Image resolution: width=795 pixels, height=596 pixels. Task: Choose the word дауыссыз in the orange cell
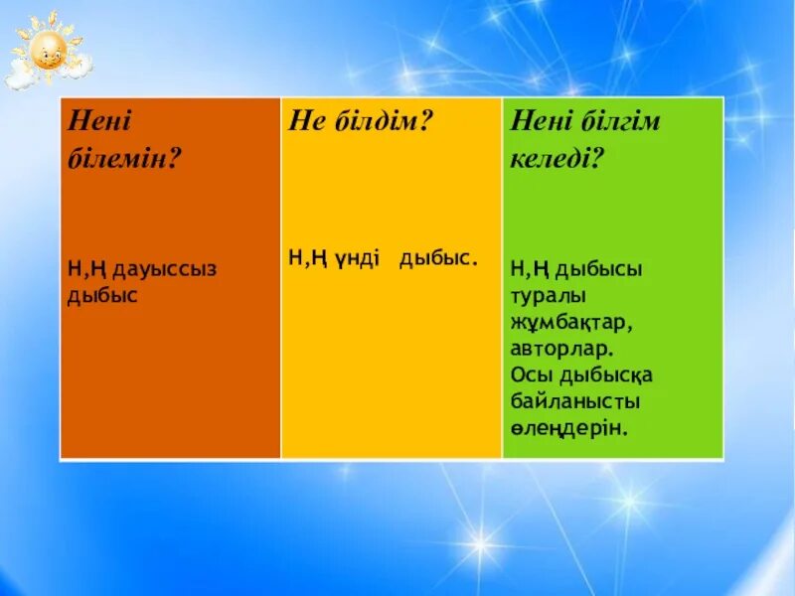164,268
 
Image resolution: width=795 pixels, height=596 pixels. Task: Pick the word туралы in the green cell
550,295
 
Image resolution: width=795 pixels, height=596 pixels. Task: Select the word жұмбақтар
572,322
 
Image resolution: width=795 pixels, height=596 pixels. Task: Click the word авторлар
561,349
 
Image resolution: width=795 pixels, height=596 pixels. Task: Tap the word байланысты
575,402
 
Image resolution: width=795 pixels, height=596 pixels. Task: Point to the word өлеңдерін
570,428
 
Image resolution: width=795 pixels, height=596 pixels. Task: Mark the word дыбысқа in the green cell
608,375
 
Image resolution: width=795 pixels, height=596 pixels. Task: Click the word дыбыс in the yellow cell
438,258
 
